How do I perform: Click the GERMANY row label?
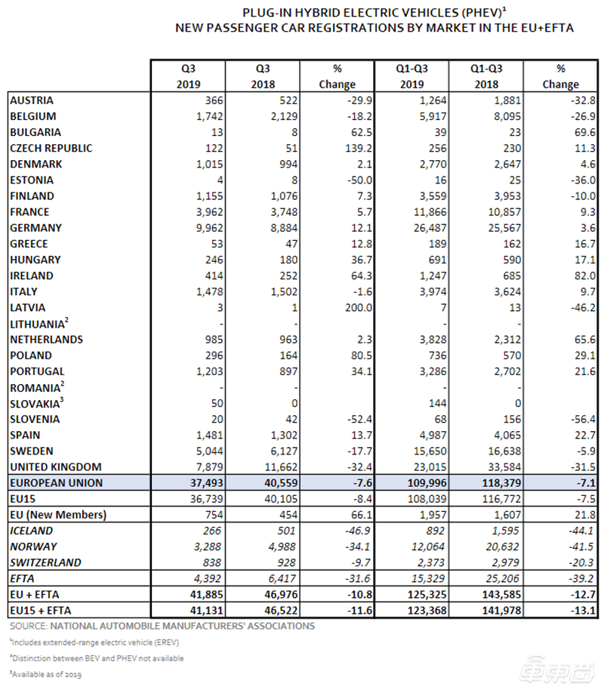click(x=35, y=228)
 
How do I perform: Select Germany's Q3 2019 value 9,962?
click(x=210, y=228)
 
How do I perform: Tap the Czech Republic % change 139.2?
click(x=359, y=148)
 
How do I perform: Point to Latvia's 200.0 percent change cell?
click(x=359, y=307)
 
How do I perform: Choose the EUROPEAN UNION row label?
click(x=56, y=483)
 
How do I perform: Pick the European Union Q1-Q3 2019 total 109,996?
click(x=427, y=483)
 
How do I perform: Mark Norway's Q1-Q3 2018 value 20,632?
click(x=503, y=547)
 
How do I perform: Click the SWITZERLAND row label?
click(x=45, y=562)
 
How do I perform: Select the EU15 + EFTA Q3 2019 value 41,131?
click(x=206, y=611)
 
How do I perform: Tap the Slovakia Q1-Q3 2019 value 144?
click(x=437, y=403)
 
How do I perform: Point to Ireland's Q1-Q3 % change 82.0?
click(x=585, y=276)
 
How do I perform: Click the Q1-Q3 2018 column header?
click(x=486, y=76)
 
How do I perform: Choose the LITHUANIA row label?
click(x=39, y=324)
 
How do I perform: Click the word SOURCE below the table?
click(x=28, y=627)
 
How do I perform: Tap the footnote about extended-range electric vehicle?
click(x=94, y=642)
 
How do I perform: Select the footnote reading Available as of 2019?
click(x=45, y=674)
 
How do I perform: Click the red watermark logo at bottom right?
click(x=558, y=673)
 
